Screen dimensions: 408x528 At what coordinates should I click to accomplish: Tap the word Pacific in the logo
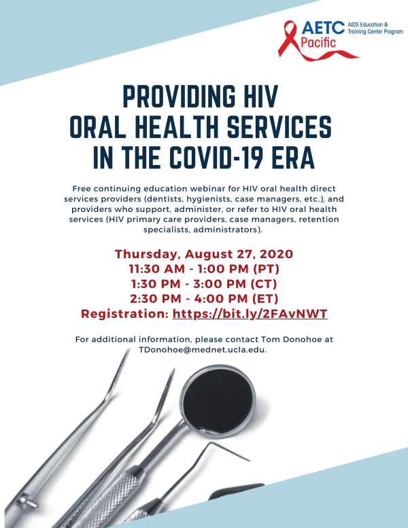pyautogui.click(x=318, y=43)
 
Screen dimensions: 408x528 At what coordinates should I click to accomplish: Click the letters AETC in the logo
pyautogui.click(x=323, y=28)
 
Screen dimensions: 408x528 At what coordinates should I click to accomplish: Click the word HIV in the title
pyautogui.click(x=260, y=96)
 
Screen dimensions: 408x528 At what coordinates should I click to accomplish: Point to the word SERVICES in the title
pyautogui.click(x=279, y=126)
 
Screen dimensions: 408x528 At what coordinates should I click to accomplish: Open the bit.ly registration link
pyautogui.click(x=250, y=314)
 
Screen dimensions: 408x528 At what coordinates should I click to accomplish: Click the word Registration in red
pyautogui.click(x=124, y=314)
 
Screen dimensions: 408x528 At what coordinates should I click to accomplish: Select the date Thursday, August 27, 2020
pyautogui.click(x=204, y=254)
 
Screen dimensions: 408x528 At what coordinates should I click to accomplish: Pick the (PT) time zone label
pyautogui.click(x=266, y=269)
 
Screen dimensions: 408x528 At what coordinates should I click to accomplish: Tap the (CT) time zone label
pyautogui.click(x=263, y=284)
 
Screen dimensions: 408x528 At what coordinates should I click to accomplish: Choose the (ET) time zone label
pyautogui.click(x=265, y=299)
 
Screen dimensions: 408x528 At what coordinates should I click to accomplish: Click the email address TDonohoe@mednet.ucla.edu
pyautogui.click(x=203, y=350)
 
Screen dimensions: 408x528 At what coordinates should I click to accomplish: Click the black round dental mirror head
pyautogui.click(x=218, y=400)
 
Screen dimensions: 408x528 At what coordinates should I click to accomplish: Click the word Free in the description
pyautogui.click(x=82, y=189)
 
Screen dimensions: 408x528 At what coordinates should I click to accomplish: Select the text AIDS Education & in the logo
pyautogui.click(x=368, y=24)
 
